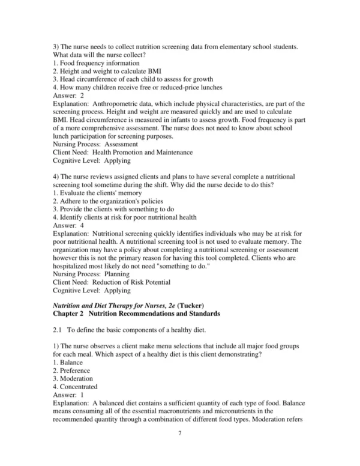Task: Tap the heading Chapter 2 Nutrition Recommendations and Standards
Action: pyautogui.click(x=137, y=313)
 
